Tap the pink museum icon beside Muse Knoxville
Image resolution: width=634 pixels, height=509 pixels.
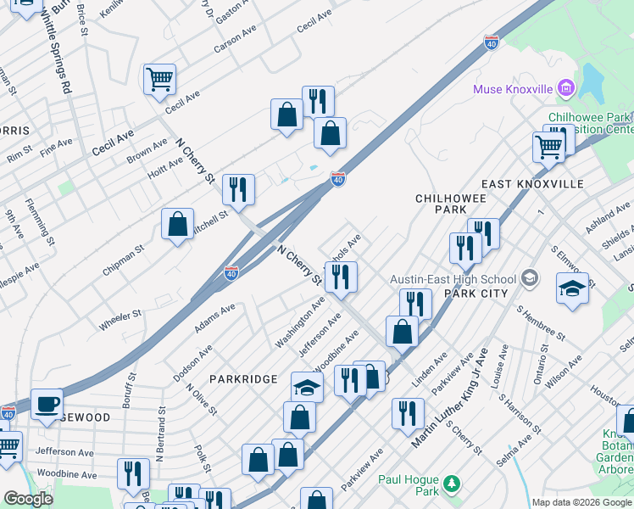[x=565, y=88]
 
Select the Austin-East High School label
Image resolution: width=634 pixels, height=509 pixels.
[x=453, y=279]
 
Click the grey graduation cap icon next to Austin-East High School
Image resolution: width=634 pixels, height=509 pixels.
[x=530, y=278]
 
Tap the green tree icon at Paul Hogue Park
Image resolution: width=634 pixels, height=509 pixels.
[x=453, y=484]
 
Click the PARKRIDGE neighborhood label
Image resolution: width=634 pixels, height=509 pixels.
[x=239, y=378]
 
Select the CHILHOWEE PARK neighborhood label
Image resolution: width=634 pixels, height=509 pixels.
[x=441, y=203]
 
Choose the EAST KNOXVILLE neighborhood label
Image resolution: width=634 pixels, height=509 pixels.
[x=532, y=184]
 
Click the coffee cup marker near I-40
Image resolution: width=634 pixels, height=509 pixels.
[x=47, y=404]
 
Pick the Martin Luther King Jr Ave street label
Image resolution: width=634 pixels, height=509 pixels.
[x=451, y=398]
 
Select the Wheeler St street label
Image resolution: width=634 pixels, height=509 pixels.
[x=120, y=320]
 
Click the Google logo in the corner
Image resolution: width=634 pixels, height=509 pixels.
[x=28, y=499]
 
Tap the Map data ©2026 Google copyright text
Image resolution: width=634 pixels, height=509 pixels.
[x=581, y=502]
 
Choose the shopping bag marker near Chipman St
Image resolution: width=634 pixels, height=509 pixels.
[x=178, y=224]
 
